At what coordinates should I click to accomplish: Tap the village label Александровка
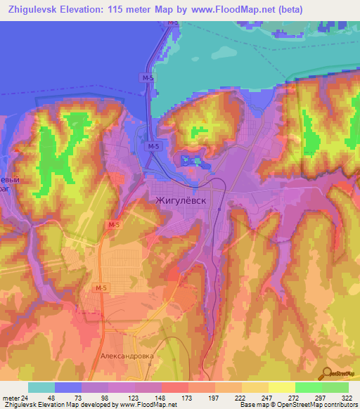point(127,356)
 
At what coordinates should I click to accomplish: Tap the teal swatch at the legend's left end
point(41,387)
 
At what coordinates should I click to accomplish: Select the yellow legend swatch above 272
point(281,387)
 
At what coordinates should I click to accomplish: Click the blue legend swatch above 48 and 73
point(68,387)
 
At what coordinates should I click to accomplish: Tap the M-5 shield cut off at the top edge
point(172,23)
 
